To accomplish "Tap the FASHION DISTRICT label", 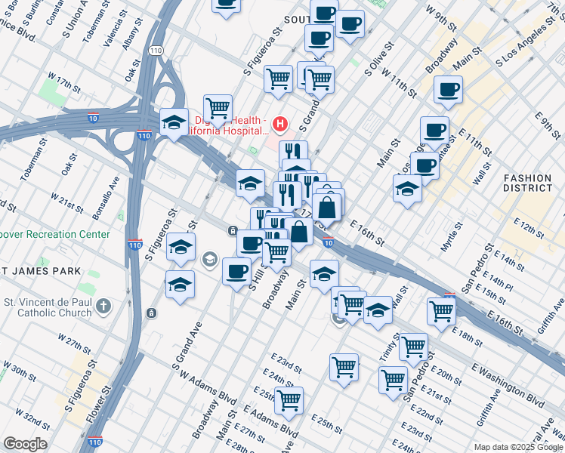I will pyautogui.click(x=528, y=183).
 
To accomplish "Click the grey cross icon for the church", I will pyautogui.click(x=104, y=307).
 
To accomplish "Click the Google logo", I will pyautogui.click(x=25, y=444).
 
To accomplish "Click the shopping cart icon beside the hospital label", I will pyautogui.click(x=218, y=107).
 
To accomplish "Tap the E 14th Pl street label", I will pyautogui.click(x=498, y=282).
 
